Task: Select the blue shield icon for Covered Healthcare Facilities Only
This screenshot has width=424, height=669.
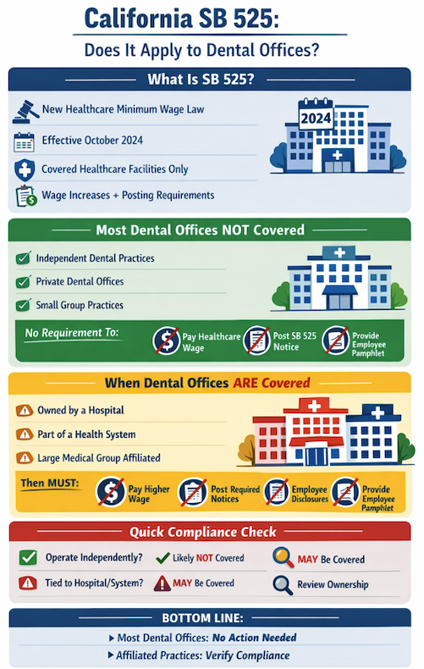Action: [x=25, y=169]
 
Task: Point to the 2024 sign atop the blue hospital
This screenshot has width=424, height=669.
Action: [x=315, y=118]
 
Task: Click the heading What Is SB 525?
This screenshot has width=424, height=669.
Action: [x=211, y=80]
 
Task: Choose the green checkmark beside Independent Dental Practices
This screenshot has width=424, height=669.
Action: [x=24, y=257]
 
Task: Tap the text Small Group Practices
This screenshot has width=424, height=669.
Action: [x=80, y=305]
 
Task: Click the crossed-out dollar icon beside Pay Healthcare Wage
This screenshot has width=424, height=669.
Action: [x=166, y=340]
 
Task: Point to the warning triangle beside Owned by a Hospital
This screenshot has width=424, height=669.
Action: [x=24, y=411]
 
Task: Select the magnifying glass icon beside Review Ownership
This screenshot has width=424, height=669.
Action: [x=283, y=583]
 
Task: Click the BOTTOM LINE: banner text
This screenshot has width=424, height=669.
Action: [x=211, y=617]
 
